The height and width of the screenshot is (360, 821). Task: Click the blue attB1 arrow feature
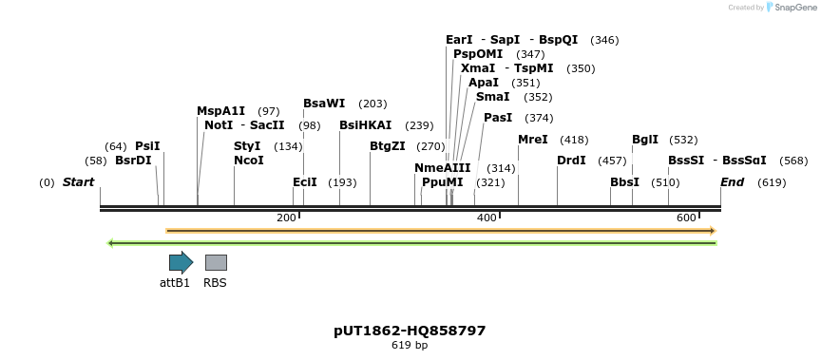(181, 263)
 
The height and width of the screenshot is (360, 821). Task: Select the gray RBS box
(216, 263)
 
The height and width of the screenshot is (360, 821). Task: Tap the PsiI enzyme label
(147, 146)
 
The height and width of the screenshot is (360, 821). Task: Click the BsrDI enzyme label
(133, 161)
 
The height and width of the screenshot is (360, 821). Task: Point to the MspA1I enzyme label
(220, 111)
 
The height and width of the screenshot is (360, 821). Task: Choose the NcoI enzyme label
(248, 161)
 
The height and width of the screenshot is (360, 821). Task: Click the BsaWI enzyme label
(324, 104)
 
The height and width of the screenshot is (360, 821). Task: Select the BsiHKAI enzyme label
(365, 125)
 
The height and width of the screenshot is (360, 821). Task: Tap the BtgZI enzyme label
(387, 146)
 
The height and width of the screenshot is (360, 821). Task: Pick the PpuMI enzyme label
(442, 182)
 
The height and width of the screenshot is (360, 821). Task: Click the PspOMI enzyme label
(478, 54)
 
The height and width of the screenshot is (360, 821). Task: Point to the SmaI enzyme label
(492, 97)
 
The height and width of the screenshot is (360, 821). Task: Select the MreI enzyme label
(532, 140)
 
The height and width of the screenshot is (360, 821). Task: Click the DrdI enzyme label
(571, 161)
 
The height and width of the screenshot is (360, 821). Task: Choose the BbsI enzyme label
(624, 182)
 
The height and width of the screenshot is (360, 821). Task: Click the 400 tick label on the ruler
(487, 218)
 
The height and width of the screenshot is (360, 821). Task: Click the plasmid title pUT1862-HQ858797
(410, 331)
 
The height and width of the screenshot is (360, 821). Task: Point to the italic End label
(732, 182)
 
